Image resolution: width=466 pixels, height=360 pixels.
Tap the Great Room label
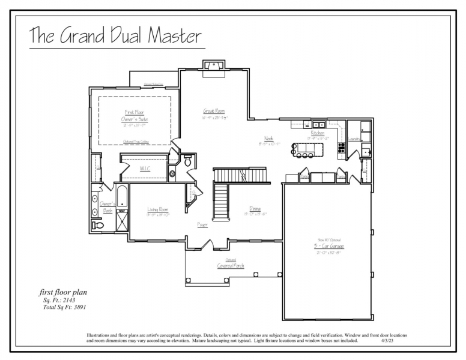tap(213, 112)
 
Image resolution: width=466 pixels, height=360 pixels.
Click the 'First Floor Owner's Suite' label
tap(135, 116)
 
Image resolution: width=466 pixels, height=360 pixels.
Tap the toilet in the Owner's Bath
tap(98, 225)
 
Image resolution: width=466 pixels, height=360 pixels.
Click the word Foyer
tap(203, 225)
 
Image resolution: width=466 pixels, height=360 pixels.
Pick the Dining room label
tap(255, 209)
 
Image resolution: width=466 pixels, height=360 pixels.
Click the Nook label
tap(268, 139)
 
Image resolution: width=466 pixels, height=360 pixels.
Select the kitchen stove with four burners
tap(341, 146)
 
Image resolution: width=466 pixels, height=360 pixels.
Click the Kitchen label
tap(318, 133)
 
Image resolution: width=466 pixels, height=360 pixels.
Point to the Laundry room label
tap(354, 139)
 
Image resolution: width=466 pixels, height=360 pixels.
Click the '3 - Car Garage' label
tap(328, 246)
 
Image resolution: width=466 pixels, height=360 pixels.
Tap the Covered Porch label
tap(230, 266)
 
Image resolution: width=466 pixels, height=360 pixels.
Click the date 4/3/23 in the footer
tap(387, 341)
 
